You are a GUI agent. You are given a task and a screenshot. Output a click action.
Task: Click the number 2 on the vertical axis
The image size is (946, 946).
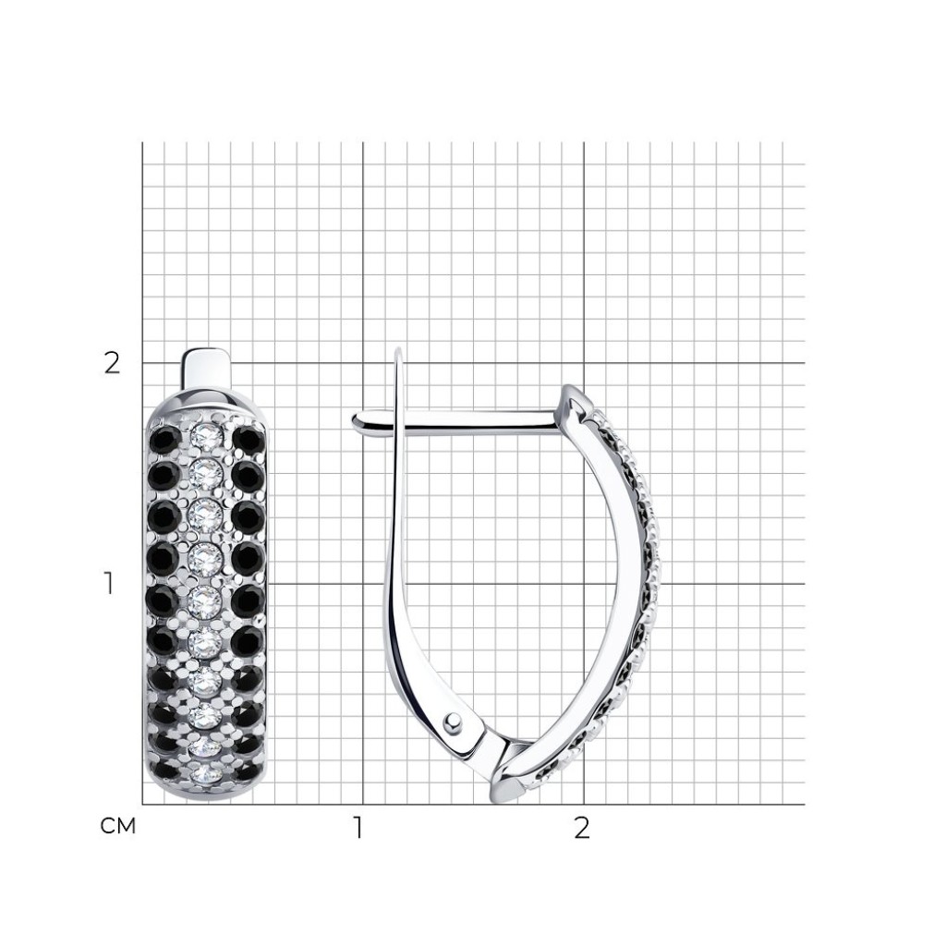[112, 364]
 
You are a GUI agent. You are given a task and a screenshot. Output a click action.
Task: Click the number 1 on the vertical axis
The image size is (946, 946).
[109, 584]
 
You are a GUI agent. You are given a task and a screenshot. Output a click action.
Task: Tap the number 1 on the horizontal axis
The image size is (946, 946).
[358, 829]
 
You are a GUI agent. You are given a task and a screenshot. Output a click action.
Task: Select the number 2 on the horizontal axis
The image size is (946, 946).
[582, 829]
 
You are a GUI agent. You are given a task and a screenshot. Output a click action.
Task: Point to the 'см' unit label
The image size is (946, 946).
[118, 826]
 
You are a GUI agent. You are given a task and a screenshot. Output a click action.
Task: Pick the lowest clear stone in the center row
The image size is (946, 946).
[206, 774]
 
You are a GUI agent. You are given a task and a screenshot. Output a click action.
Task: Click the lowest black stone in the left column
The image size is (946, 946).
[164, 771]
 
